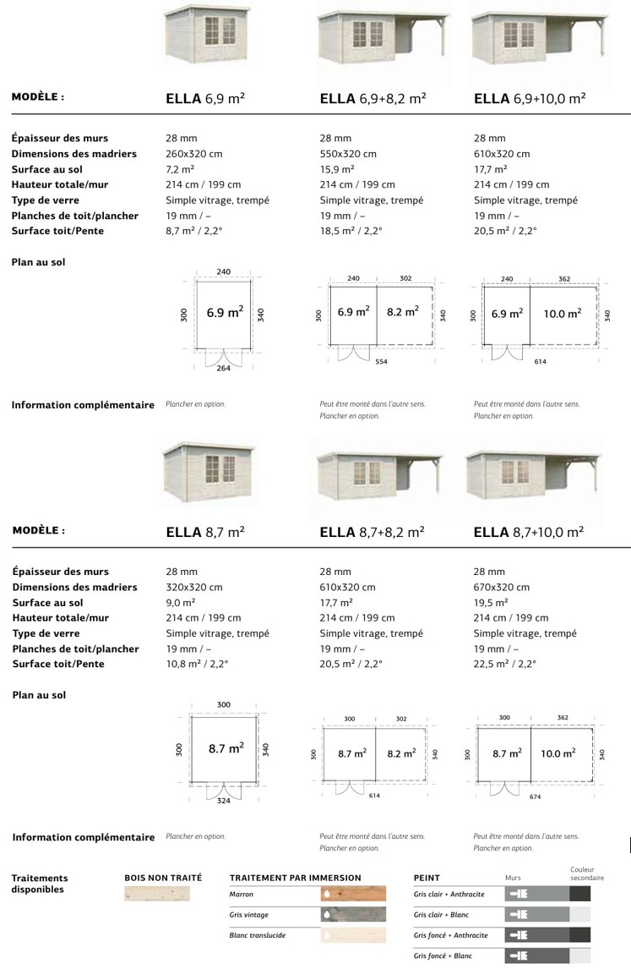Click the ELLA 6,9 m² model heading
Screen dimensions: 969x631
pyautogui.click(x=205, y=98)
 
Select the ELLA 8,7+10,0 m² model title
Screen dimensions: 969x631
pyautogui.click(x=529, y=532)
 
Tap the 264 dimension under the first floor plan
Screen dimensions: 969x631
pyautogui.click(x=223, y=369)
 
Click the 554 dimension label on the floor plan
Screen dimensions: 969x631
pyautogui.click(x=383, y=361)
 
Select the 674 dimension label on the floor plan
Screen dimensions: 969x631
pyautogui.click(x=535, y=796)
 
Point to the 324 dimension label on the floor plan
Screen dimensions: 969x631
pyautogui.click(x=224, y=800)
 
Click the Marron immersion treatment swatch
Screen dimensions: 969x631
pyautogui.click(x=353, y=894)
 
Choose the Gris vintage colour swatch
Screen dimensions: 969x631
pyautogui.click(x=353, y=914)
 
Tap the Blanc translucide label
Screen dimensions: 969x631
pyautogui.click(x=257, y=935)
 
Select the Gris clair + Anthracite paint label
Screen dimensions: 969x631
pyautogui.click(x=449, y=894)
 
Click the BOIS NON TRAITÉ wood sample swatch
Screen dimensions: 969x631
pyautogui.click(x=157, y=894)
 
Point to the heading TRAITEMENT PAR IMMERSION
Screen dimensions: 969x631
pyautogui.click(x=295, y=878)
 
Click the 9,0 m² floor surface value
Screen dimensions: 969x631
pyautogui.click(x=181, y=603)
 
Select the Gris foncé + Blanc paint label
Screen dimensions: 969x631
pyautogui.click(x=443, y=955)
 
